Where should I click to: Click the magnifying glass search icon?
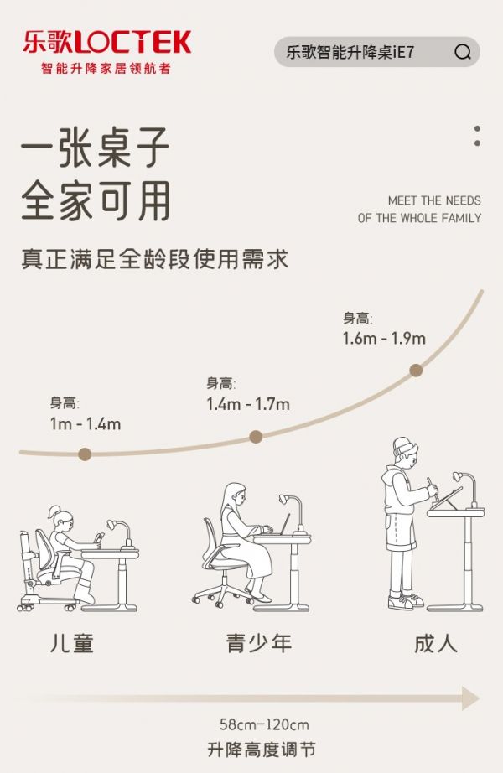tap(463, 52)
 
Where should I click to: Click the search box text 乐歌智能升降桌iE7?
tap(350, 52)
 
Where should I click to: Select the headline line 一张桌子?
tap(96, 147)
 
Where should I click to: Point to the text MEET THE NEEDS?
tap(434, 200)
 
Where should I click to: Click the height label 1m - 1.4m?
tap(86, 424)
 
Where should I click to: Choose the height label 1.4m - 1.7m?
tap(248, 404)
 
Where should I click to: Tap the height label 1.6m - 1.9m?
tap(384, 338)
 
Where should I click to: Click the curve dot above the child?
tap(85, 454)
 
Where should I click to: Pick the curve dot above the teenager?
tap(256, 436)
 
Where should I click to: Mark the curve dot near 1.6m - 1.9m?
tap(416, 371)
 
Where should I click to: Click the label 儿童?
tap(72, 643)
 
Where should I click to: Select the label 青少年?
tap(259, 643)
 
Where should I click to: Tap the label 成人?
tap(436, 643)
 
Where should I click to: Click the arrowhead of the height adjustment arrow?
tap(470, 698)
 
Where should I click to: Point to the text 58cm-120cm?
tap(264, 724)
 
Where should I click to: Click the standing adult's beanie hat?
tap(404, 447)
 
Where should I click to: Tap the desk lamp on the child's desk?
tap(121, 533)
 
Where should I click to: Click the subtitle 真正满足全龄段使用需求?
tap(154, 260)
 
